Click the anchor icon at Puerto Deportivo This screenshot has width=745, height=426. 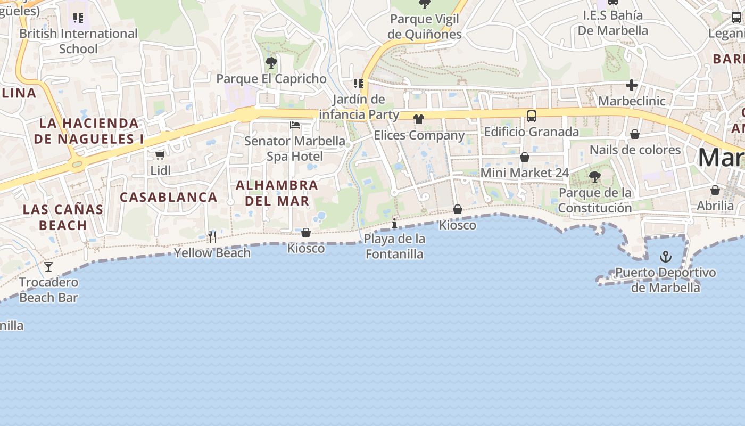tap(665, 257)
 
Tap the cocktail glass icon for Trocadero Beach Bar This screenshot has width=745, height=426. tap(48, 266)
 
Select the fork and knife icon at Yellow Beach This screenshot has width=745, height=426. tap(212, 236)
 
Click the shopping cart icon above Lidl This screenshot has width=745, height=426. tap(160, 155)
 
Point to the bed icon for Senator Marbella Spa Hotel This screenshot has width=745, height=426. tap(295, 125)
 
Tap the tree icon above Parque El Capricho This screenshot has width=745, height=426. tap(271, 63)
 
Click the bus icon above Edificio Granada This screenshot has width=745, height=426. tap(531, 116)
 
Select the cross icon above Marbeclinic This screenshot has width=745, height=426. tap(632, 85)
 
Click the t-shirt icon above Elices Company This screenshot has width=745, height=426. tap(419, 119)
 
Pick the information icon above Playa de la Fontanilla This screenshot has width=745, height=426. tap(394, 223)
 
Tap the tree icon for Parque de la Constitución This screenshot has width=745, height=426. tap(595, 176)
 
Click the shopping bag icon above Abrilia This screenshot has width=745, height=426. tap(715, 190)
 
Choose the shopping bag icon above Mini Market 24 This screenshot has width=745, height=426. tap(525, 157)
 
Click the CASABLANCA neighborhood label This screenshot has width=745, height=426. tap(169, 197)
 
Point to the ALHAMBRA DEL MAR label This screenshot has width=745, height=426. tap(277, 193)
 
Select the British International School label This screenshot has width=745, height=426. tap(78, 41)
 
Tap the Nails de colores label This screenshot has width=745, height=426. tap(635, 150)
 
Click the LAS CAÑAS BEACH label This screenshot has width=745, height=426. tap(63, 217)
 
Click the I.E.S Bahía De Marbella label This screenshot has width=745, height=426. tap(613, 23)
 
